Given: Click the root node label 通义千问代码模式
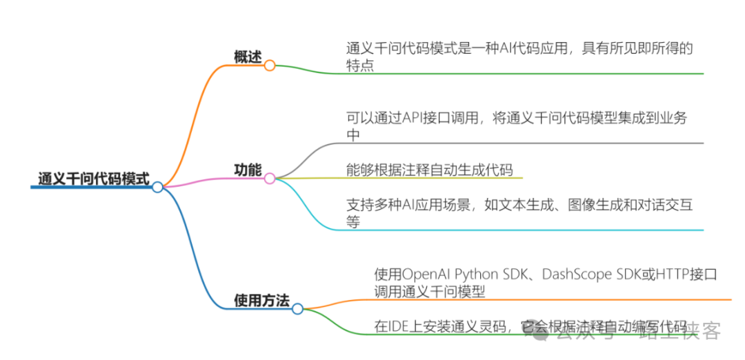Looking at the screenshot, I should pyautogui.click(x=94, y=178).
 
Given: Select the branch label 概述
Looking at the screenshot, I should pyautogui.click(x=248, y=58).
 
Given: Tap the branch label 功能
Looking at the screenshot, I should pyautogui.click(x=248, y=170).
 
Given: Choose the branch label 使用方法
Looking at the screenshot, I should pyautogui.click(x=261, y=300).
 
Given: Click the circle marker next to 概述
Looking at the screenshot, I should pyautogui.click(x=270, y=66).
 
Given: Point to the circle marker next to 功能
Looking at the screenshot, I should pyautogui.click(x=270, y=179).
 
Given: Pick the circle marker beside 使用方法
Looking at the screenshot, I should pyautogui.click(x=297, y=309).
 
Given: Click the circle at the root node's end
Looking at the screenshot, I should pyautogui.click(x=157, y=187).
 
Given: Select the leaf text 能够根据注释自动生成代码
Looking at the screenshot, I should pyautogui.click(x=429, y=170).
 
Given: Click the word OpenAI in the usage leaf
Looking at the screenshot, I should pyautogui.click(x=426, y=274).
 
